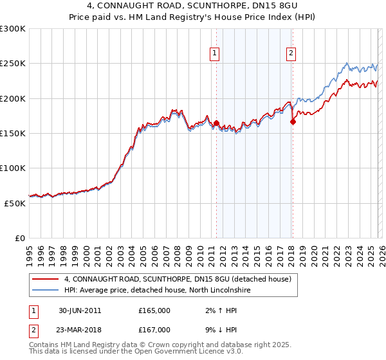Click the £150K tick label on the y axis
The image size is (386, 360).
[x=13, y=134]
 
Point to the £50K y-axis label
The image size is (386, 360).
[x=15, y=203]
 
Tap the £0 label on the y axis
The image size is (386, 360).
[x=20, y=238]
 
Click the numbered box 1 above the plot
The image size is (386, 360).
[x=214, y=53]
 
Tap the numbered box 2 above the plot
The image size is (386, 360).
[x=291, y=53]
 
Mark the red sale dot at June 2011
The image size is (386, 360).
[x=216, y=123]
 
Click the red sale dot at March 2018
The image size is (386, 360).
[x=293, y=122]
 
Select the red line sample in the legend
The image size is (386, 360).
[x=44, y=280]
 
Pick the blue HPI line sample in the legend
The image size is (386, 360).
[x=44, y=291]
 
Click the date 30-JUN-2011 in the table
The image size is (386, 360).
[x=80, y=310]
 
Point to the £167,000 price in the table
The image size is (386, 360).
[x=154, y=329]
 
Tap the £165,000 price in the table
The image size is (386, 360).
[x=154, y=310]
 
